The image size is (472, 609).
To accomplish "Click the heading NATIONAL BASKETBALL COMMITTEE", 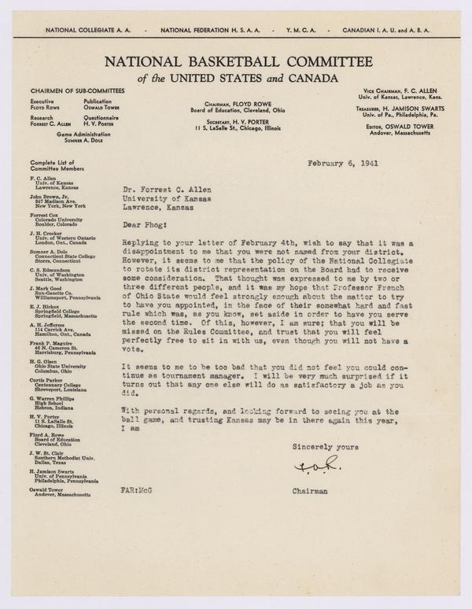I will pyautogui.click(x=235, y=61).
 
